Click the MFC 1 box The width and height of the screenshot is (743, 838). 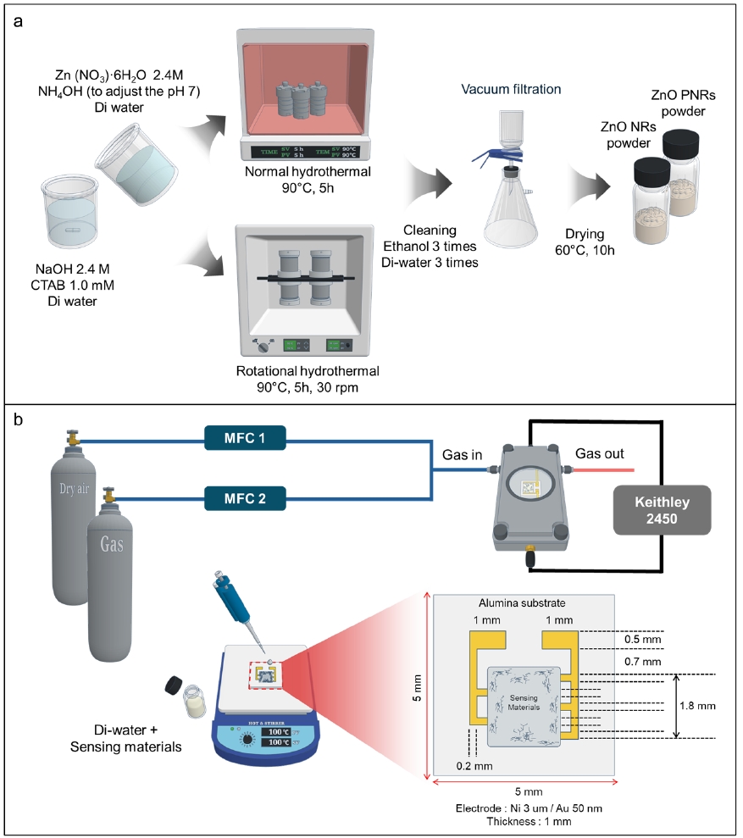click(245, 437)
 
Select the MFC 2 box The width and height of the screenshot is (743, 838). click(245, 497)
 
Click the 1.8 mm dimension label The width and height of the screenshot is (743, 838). click(700, 704)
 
